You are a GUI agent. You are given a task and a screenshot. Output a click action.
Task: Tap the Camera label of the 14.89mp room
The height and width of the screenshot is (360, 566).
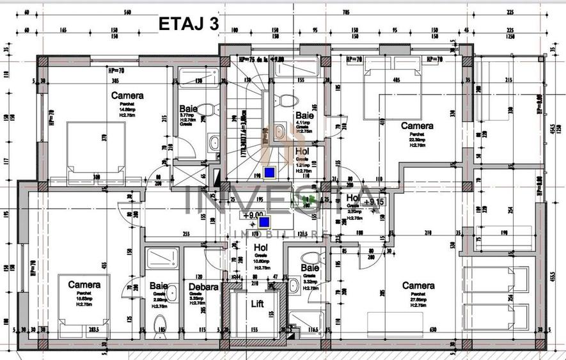(x=127, y=95)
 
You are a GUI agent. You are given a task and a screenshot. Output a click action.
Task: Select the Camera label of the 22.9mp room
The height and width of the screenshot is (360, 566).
(x=416, y=126)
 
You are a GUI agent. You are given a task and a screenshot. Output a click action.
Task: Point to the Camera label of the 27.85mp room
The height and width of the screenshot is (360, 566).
(x=418, y=286)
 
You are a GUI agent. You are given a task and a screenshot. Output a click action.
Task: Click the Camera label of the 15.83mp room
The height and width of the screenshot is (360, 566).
(x=84, y=284)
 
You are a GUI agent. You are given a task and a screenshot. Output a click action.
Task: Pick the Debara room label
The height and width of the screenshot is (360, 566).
(x=203, y=287)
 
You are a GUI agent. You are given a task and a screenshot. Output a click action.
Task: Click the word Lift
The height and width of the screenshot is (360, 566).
(x=257, y=304)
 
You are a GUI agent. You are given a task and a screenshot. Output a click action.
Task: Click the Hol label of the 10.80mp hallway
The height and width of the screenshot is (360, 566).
(x=260, y=247)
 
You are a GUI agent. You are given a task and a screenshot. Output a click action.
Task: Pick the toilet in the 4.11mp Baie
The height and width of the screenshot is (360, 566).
(x=287, y=101)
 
